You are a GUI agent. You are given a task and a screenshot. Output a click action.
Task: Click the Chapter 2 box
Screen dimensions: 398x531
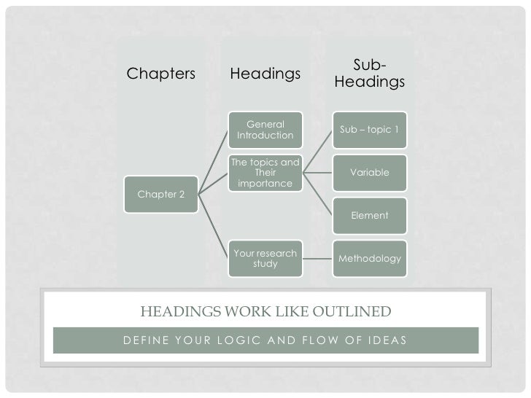pyautogui.click(x=161, y=195)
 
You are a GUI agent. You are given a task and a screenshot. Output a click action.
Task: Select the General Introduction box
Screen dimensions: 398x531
pyautogui.click(x=265, y=130)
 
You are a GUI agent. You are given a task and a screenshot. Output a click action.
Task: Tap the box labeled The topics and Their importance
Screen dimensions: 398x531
pyautogui.click(x=265, y=173)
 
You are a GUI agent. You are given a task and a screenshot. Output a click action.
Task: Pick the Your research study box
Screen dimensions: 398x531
pyautogui.click(x=265, y=259)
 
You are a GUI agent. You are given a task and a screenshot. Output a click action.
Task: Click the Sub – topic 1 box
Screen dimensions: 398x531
pyautogui.click(x=369, y=130)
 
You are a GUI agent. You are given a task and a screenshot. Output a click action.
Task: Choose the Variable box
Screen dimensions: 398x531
pyautogui.click(x=369, y=173)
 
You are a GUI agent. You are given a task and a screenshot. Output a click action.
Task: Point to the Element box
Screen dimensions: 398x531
pyautogui.click(x=369, y=216)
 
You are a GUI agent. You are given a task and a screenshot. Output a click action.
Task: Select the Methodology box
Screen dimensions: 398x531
pyautogui.click(x=369, y=259)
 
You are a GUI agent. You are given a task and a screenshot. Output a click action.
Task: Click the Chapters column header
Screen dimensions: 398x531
pyautogui.click(x=161, y=74)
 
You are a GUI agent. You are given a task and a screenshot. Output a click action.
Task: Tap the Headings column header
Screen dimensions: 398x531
pyautogui.click(x=265, y=74)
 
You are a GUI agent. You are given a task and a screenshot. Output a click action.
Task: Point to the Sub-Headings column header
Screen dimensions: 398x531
pyautogui.click(x=369, y=74)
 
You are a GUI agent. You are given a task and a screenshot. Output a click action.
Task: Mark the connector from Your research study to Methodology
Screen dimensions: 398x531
pyautogui.click(x=318, y=259)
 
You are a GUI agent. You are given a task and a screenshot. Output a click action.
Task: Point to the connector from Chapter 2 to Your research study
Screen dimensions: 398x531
pyautogui.click(x=213, y=227)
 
